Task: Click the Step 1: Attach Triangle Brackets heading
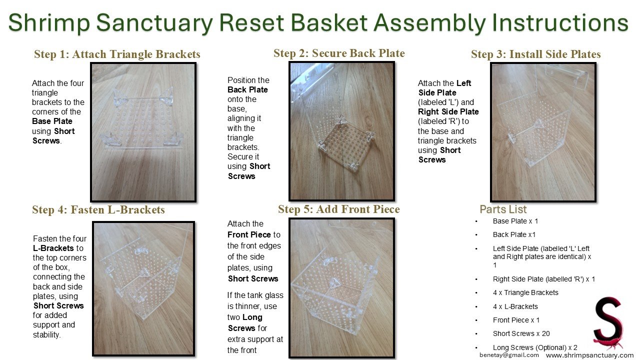[117, 54]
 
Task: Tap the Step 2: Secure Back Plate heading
[339, 53]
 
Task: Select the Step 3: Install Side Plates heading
[535, 54]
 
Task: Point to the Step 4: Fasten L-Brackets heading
[98, 210]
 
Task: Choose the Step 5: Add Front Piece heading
[338, 209]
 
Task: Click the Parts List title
[503, 209]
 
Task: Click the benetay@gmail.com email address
[509, 355]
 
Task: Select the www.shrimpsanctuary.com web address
[589, 355]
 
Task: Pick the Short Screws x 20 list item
[521, 333]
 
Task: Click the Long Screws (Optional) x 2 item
[535, 347]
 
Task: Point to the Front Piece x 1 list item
[516, 320]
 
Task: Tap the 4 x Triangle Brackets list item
[525, 292]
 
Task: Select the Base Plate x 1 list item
[515, 221]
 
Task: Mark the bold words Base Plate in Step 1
[52, 121]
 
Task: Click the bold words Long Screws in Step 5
[245, 322]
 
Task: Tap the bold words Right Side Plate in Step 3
[448, 112]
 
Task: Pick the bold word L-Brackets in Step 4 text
[53, 248]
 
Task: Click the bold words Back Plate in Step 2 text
[247, 90]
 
